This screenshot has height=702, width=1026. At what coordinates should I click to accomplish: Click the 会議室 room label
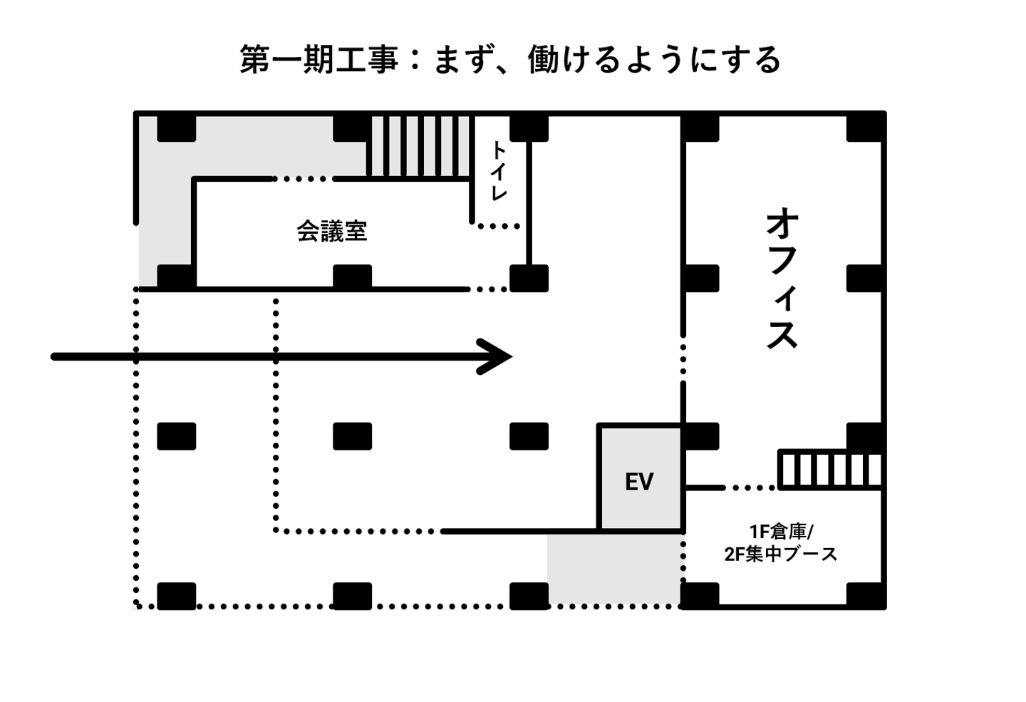[x=331, y=230]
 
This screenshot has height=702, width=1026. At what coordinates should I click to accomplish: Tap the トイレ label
[x=499, y=171]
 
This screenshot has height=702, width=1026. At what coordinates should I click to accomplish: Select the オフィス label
[x=782, y=278]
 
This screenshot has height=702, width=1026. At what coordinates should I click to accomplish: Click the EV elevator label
[x=639, y=482]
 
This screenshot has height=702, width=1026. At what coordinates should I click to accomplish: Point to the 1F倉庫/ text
[x=781, y=532]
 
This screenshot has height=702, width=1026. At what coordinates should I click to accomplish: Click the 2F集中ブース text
[x=780, y=554]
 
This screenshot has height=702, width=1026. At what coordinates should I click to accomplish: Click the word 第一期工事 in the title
[x=318, y=60]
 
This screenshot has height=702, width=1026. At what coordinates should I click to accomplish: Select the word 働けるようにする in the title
[x=655, y=60]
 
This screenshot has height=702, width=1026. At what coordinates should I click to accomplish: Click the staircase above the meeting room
[x=420, y=145]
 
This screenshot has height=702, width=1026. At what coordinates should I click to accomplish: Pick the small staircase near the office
[x=830, y=470]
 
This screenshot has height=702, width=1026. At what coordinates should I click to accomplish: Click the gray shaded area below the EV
[x=615, y=569]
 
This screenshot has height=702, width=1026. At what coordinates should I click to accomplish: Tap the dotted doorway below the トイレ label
[x=499, y=226]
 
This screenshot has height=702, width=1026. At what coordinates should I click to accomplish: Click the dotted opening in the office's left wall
[x=683, y=359]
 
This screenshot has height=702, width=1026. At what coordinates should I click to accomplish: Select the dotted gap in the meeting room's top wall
[x=304, y=179]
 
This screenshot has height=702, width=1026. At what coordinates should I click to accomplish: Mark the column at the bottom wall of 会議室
[x=352, y=277]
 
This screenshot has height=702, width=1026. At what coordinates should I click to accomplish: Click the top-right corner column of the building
[x=865, y=128]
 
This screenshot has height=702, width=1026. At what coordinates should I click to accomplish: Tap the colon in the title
[x=415, y=60]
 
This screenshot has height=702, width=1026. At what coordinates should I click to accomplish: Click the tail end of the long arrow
[x=53, y=356]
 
